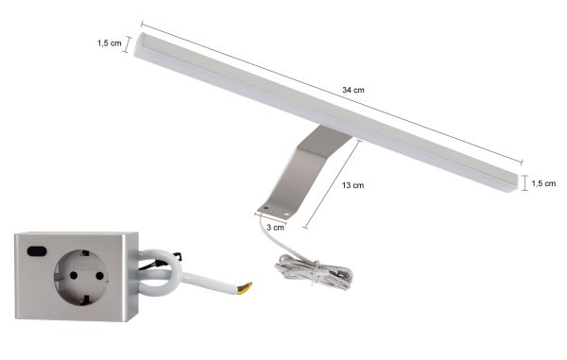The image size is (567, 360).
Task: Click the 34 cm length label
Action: [353, 89]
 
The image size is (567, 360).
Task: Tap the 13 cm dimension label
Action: [352, 186]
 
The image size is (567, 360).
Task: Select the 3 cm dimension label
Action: [276, 227]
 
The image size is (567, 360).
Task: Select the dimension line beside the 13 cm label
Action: [333, 184]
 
